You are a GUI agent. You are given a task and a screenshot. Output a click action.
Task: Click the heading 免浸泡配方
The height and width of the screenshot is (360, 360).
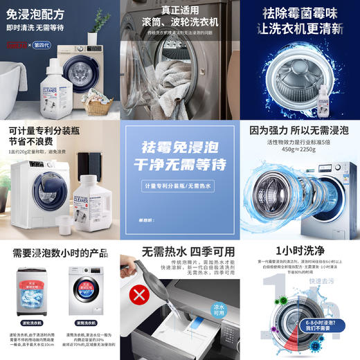point(36,14)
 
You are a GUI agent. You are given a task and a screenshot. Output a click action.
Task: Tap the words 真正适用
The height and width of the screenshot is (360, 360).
point(179,9)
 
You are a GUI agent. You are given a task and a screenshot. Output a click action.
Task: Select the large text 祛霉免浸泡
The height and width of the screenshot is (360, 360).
point(179,149)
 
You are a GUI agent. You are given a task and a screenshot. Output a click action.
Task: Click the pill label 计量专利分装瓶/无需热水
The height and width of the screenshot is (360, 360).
point(179,187)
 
